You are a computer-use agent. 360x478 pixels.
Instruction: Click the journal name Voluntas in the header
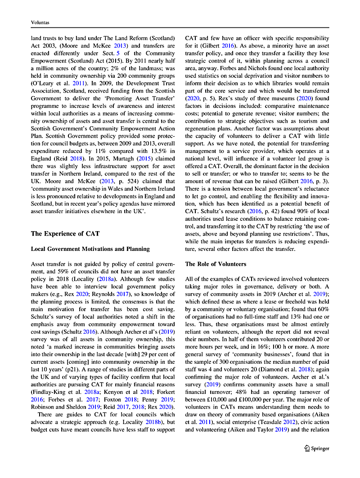point(40,22)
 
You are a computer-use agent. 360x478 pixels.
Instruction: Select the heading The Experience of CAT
point(65,233)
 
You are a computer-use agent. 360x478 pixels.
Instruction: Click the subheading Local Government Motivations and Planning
point(90,249)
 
